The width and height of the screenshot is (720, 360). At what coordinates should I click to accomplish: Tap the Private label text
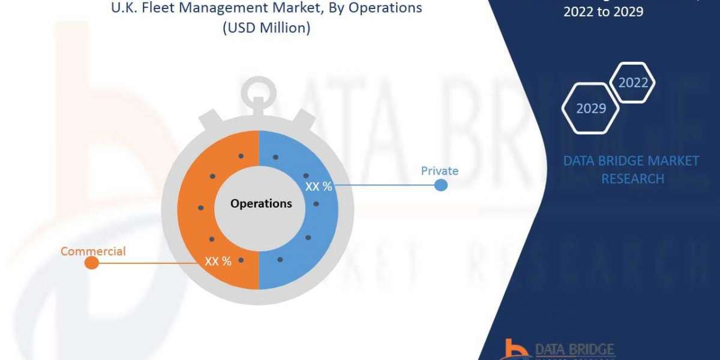click(439, 171)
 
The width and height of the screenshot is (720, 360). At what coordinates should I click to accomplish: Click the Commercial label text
click(93, 251)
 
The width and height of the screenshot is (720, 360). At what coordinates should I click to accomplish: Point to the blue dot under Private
click(441, 185)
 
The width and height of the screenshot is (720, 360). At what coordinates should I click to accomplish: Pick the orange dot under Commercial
click(91, 263)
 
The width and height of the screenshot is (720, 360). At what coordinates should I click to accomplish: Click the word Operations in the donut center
click(261, 203)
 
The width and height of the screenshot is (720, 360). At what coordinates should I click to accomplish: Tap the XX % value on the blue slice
click(319, 187)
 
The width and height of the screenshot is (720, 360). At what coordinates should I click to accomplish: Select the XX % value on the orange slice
click(218, 261)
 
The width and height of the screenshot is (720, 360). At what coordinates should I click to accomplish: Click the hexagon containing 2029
click(590, 109)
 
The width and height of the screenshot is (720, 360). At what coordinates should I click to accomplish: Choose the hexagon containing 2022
click(633, 83)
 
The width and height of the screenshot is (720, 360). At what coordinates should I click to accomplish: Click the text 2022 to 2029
click(603, 11)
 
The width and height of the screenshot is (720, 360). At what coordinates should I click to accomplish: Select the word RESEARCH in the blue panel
click(632, 179)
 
